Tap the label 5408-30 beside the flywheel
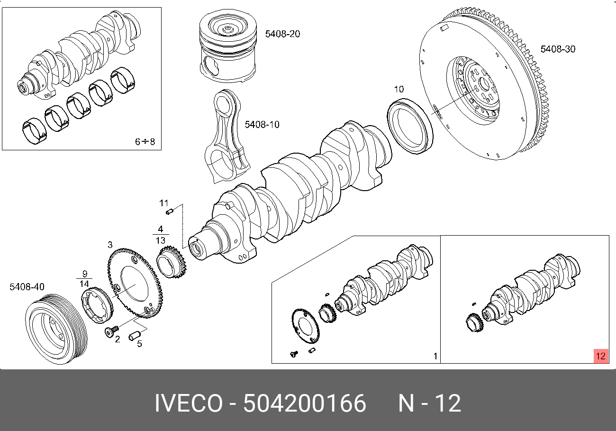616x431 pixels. click(558, 49)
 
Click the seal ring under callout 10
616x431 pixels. click(410, 125)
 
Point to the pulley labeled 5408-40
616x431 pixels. click(56, 328)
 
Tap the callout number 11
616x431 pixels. click(164, 203)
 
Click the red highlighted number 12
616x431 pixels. click(601, 356)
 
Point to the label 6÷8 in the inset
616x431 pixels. click(145, 141)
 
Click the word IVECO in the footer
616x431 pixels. click(188, 403)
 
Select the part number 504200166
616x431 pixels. click(304, 403)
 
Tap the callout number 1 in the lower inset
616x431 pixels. click(435, 356)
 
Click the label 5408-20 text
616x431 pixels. click(282, 34)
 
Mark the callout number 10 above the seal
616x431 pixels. click(399, 89)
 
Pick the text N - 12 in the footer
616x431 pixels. click(429, 403)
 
